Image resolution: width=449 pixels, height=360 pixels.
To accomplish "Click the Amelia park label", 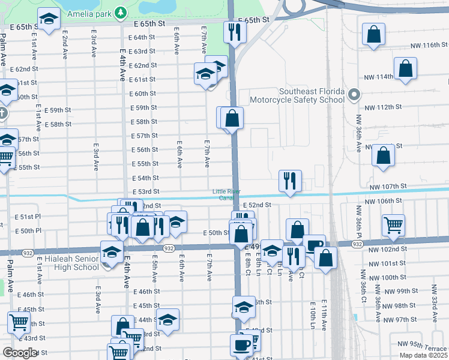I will [x=91, y=12].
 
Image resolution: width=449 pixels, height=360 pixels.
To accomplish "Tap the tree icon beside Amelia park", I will [x=121, y=12].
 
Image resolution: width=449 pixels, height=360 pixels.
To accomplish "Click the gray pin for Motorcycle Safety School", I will [x=354, y=94].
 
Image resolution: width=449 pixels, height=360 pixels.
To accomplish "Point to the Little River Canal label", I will [x=223, y=194].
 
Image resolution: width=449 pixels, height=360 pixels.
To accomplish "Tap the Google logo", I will [x=20, y=353].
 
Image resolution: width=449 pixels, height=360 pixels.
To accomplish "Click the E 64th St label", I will [x=142, y=37].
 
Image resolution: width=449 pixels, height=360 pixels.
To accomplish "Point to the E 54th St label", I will [x=145, y=178].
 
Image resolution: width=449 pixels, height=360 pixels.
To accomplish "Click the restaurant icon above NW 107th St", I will [x=290, y=180].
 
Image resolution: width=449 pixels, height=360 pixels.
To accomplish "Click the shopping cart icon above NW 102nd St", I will [x=393, y=225].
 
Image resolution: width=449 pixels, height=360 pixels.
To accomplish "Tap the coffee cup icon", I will [x=241, y=345].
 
